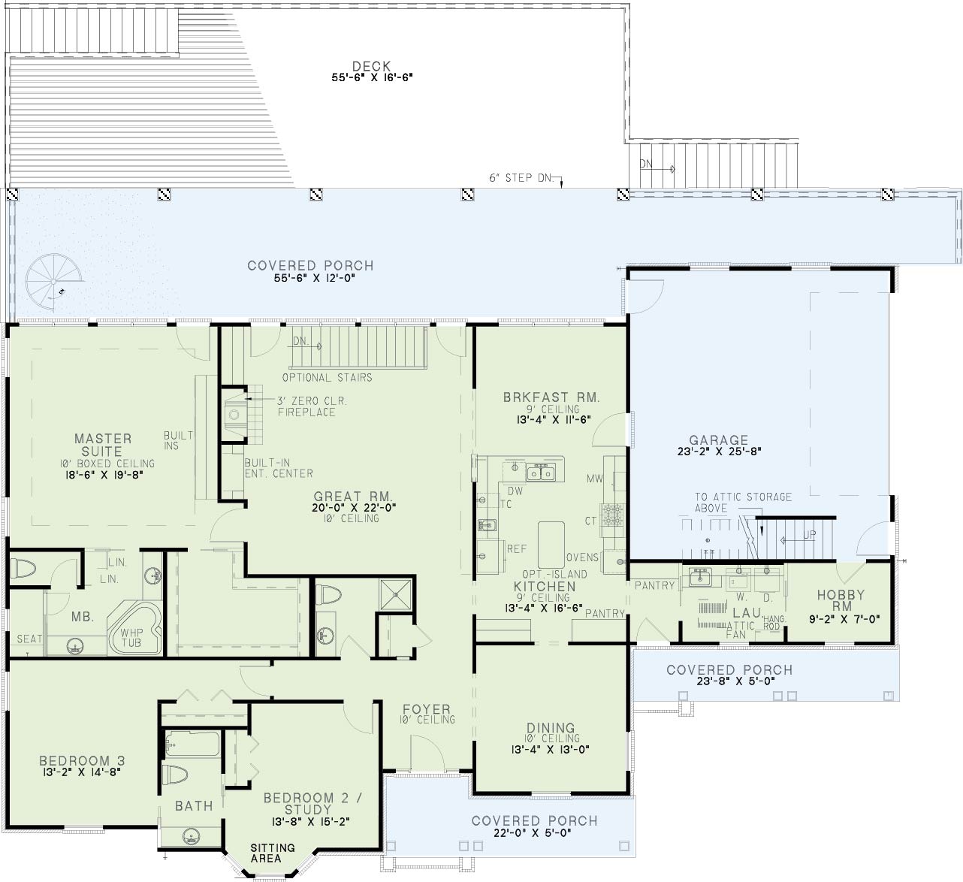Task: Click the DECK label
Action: (371, 66)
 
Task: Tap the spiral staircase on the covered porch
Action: (53, 282)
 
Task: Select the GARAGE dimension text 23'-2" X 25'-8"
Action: (719, 452)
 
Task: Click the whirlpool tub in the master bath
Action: (135, 629)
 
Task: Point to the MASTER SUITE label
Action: (102, 445)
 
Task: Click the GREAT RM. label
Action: (353, 497)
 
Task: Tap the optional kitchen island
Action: (551, 545)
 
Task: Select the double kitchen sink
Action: (541, 472)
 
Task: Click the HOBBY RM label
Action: (841, 600)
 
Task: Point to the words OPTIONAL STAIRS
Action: (327, 377)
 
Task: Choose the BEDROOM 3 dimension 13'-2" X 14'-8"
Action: (80, 772)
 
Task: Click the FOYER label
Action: (427, 708)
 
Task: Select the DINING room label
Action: (550, 728)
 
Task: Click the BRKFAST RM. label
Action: (551, 397)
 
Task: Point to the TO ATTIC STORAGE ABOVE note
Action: (743, 503)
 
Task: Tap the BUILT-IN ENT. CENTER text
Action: (279, 468)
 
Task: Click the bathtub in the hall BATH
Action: (192, 745)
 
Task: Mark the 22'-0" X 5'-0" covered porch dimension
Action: (533, 833)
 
